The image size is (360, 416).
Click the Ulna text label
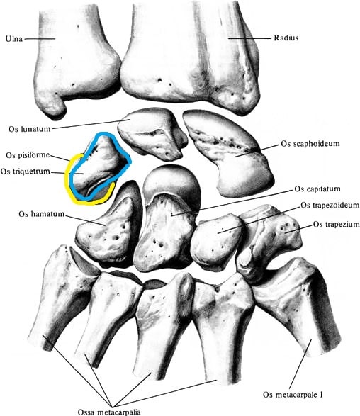click(x=14, y=39)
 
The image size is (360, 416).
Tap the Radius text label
click(x=286, y=38)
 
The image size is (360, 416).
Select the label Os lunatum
click(x=29, y=129)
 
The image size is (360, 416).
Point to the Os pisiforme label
click(x=28, y=155)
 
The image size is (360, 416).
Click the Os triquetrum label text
click(x=26, y=172)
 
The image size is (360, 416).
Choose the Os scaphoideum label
click(x=310, y=144)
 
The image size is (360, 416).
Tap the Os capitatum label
click(x=317, y=189)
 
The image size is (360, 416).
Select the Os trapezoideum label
click(x=330, y=205)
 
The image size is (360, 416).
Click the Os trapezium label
click(x=337, y=225)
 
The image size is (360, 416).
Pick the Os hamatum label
click(x=41, y=214)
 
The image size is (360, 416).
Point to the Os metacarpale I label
click(x=293, y=395)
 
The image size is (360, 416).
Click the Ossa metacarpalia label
click(x=109, y=412)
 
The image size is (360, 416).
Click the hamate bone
click(x=108, y=228)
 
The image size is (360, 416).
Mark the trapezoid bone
click(x=216, y=239)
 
